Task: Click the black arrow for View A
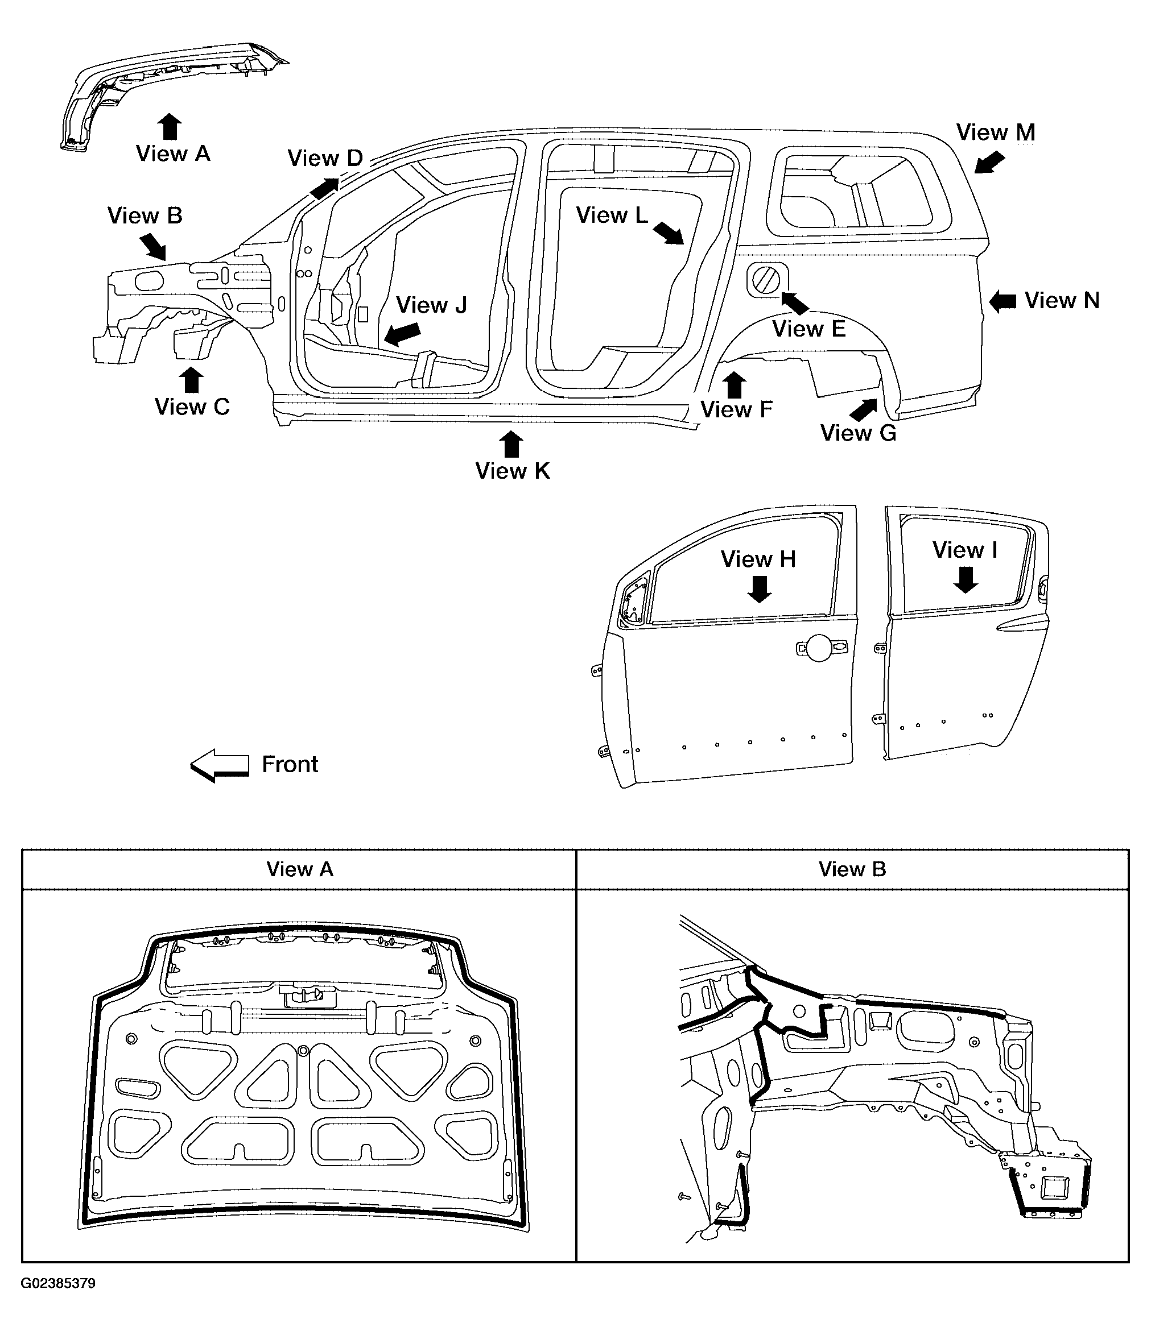pos(169,127)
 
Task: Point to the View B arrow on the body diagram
pos(153,247)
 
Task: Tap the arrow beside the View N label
pos(1002,301)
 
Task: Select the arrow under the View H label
pos(760,589)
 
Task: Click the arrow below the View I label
pos(966,579)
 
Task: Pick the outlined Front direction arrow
pos(220,766)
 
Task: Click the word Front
pos(290,764)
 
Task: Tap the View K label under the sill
pos(512,471)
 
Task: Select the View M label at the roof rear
pos(996,132)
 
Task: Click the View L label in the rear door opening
pos(612,215)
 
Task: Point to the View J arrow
pos(402,334)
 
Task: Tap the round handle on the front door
pos(819,648)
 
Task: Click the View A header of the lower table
pos(299,869)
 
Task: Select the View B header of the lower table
pos(852,869)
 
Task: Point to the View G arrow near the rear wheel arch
pos(864,410)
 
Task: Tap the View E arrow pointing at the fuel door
pos(795,302)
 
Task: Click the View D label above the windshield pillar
pos(325,158)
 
